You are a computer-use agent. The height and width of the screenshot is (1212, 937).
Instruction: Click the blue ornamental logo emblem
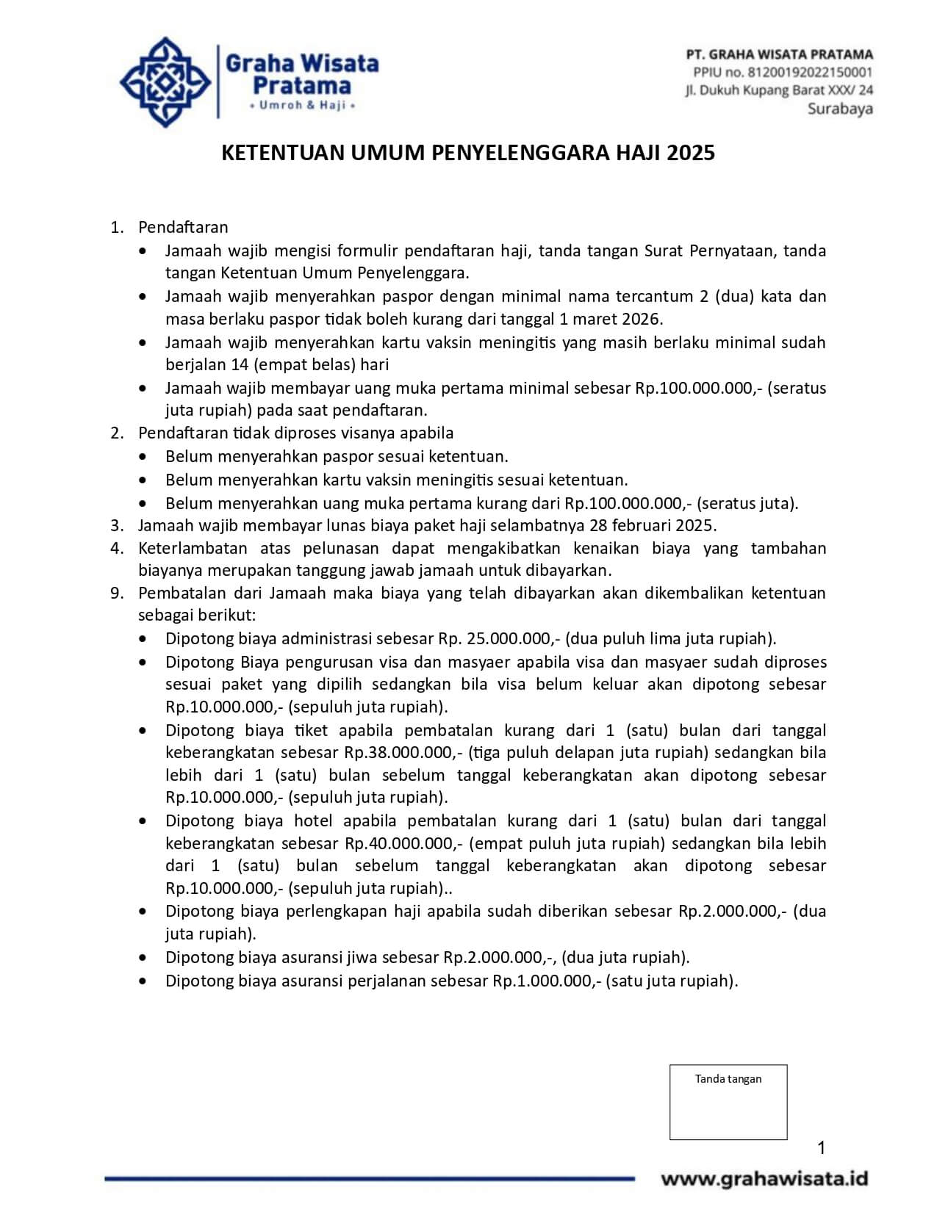pos(165,82)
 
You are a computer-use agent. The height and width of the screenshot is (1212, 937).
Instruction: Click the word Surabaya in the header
pos(840,109)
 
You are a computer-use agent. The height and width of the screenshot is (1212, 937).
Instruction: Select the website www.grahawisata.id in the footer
pos(764,1179)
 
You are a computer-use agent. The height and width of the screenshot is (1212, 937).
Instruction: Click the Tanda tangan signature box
pos(728,1102)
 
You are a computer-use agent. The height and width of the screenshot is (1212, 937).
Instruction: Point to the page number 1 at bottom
pos(821,1147)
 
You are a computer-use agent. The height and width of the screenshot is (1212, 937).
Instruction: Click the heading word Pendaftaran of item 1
pos(183,227)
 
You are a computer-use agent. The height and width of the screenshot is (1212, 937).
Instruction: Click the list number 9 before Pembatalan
pos(115,593)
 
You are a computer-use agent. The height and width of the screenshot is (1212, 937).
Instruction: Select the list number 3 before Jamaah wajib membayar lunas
pos(115,525)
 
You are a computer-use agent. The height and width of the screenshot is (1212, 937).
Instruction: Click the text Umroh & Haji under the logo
pos(302,106)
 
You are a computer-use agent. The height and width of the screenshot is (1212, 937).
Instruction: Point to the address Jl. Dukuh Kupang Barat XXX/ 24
pos(778,90)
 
